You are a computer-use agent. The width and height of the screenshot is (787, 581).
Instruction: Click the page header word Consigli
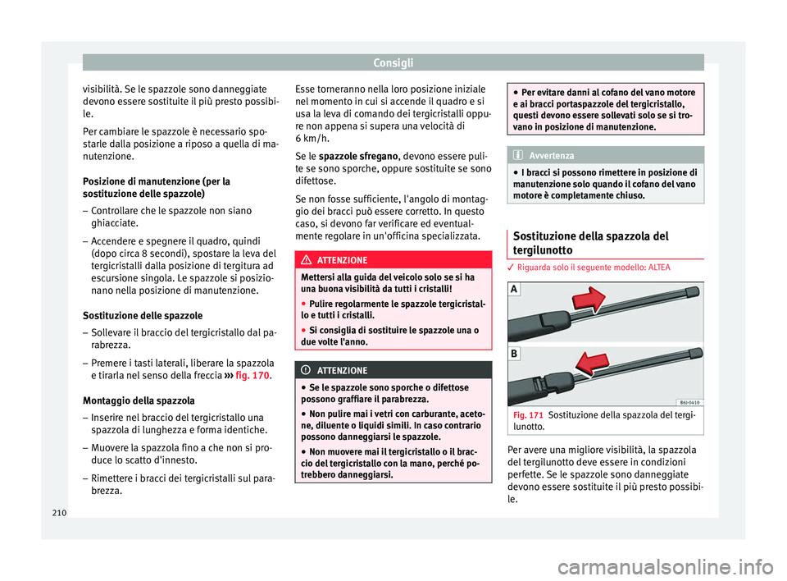[x=393, y=62]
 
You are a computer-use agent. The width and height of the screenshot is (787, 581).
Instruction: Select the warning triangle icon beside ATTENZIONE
[x=307, y=259]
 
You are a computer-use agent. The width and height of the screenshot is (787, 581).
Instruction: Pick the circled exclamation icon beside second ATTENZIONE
[x=307, y=371]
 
